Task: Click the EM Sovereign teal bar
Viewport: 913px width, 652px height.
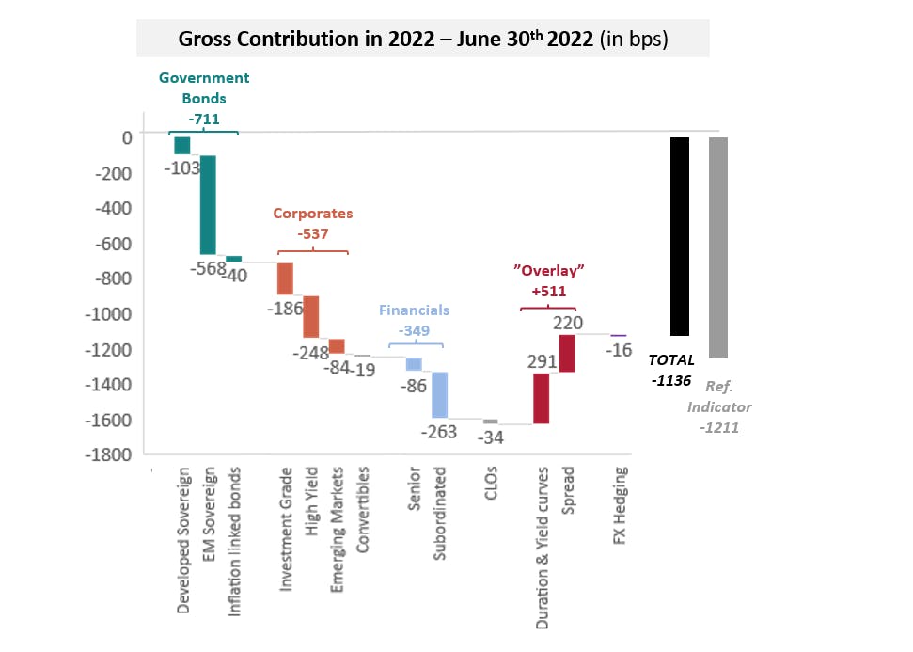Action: (208, 204)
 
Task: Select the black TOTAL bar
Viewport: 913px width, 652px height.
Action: (680, 236)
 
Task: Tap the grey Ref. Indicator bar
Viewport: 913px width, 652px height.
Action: (718, 247)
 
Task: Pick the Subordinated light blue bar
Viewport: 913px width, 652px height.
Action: (439, 394)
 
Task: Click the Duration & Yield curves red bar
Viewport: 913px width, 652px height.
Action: (542, 398)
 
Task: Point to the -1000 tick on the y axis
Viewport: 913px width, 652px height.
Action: (112, 314)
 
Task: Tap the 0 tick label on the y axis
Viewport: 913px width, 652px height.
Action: (126, 137)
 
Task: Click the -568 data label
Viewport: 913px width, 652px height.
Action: (206, 269)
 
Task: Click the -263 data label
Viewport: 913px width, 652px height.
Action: (438, 432)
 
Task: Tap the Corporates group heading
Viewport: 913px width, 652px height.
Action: (313, 214)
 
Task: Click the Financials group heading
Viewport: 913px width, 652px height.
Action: (415, 310)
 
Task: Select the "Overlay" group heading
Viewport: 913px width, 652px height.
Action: (549, 270)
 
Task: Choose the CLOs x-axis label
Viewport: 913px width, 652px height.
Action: (491, 487)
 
